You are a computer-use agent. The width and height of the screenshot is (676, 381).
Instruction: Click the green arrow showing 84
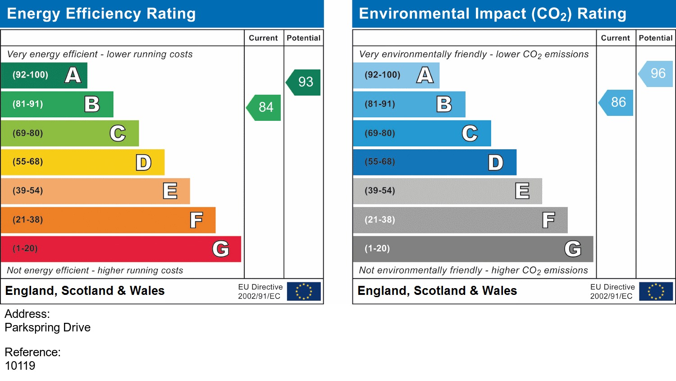[x=265, y=107]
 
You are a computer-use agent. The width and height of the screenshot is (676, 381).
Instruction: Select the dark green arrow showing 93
[x=304, y=82]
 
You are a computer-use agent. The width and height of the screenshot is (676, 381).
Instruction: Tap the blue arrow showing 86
[x=617, y=102]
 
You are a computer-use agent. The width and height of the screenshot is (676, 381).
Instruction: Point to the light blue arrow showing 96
[x=657, y=73]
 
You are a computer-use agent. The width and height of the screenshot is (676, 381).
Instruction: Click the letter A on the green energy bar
[x=73, y=75]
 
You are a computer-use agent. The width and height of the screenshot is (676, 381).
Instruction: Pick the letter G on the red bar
[x=221, y=249]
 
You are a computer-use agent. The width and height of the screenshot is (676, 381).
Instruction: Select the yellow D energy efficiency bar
[x=82, y=162]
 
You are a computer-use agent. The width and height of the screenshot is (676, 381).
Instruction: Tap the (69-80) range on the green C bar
[x=28, y=133]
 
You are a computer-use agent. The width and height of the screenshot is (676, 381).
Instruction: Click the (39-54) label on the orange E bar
[x=28, y=191]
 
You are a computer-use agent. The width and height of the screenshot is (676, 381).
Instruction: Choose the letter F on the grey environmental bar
[x=548, y=220]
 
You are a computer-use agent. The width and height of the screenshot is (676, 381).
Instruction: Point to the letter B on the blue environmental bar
[x=444, y=104]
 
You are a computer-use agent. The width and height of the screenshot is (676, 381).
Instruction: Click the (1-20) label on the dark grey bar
[x=377, y=248]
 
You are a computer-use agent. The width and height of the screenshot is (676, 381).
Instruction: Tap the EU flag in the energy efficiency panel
[x=304, y=291]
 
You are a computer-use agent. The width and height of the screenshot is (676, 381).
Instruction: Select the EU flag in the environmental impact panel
[x=656, y=291]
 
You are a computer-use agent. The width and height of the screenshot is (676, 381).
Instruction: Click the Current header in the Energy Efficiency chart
[x=263, y=38]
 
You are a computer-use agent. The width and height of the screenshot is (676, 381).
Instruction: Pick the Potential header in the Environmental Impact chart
[x=655, y=38]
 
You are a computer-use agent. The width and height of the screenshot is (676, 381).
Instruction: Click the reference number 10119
[x=20, y=366]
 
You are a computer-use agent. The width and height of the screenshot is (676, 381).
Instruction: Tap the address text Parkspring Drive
[x=48, y=327]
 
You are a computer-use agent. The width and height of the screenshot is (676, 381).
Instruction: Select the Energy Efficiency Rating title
[x=101, y=14]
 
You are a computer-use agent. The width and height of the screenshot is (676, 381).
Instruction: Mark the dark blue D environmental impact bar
[x=434, y=162]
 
